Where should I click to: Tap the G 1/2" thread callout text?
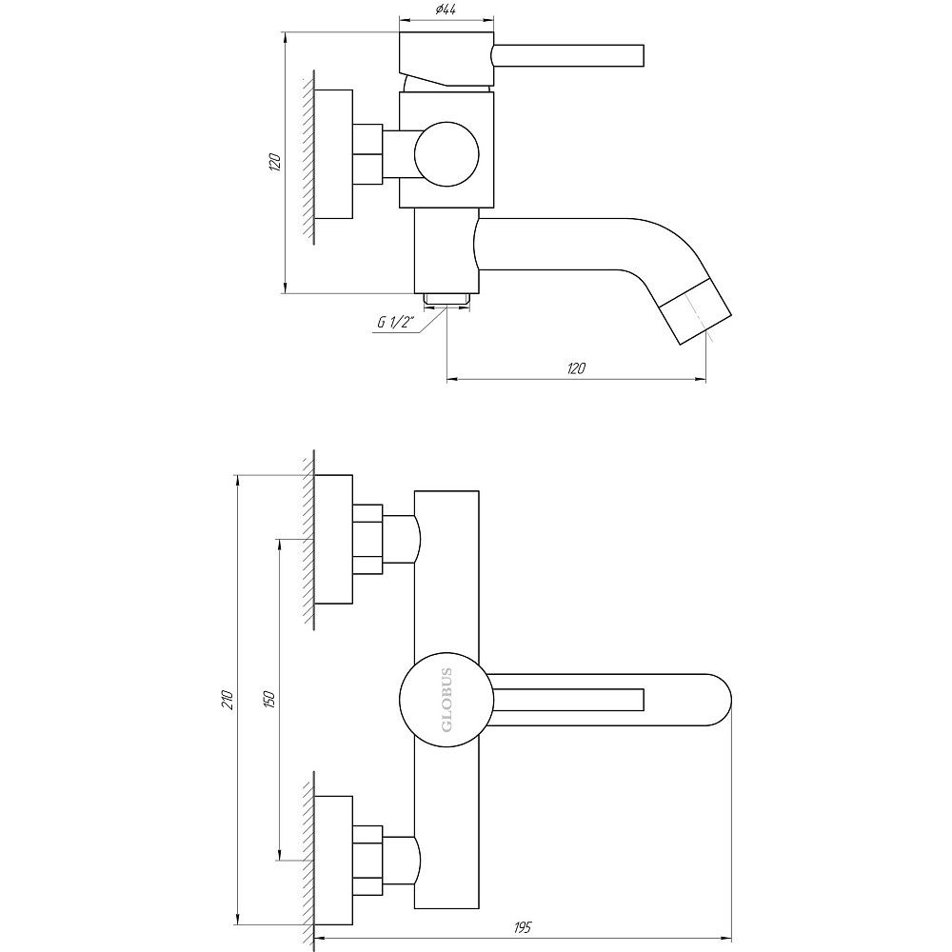(393, 322)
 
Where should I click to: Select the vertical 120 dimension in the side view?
(275, 162)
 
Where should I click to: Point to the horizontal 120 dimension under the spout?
(576, 368)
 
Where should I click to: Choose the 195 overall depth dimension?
(523, 927)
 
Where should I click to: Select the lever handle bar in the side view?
(570, 55)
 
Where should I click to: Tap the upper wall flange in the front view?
(333, 540)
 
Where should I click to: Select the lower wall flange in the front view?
(333, 861)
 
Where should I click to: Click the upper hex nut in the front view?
(367, 540)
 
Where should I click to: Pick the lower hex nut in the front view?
(367, 861)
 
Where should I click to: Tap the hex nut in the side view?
(367, 154)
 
